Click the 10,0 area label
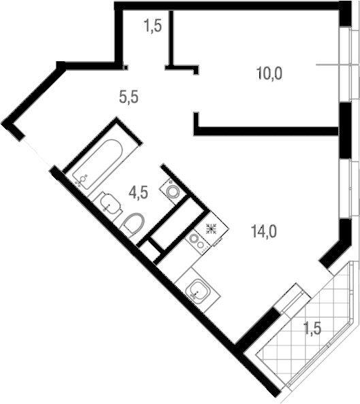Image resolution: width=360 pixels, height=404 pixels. (x=269, y=73)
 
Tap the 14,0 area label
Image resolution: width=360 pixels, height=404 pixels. (x=263, y=231)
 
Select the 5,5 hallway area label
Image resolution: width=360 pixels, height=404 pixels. (x=129, y=97)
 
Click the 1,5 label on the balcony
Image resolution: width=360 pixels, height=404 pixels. (x=313, y=328)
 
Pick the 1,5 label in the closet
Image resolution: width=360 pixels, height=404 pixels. (x=153, y=26)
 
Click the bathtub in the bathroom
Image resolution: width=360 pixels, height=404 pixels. (x=97, y=164)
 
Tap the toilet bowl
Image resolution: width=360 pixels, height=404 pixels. (x=133, y=224)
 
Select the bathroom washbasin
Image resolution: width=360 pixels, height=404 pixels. (x=110, y=204)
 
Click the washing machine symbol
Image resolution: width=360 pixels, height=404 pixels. (x=172, y=191)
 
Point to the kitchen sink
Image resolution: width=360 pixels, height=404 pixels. (x=198, y=290)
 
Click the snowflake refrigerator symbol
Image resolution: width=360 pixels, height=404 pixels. (x=211, y=229)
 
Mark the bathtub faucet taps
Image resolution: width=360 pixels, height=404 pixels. (x=81, y=180)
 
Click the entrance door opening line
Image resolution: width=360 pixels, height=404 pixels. (x=37, y=152)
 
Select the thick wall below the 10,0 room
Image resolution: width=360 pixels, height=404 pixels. (x=266, y=131)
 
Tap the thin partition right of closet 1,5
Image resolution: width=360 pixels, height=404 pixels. (x=171, y=37)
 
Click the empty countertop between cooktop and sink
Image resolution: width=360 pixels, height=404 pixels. (x=175, y=267)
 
